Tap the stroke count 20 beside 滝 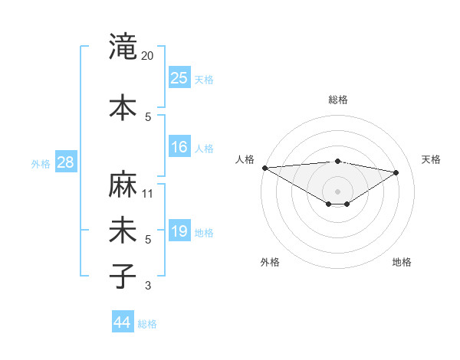147,56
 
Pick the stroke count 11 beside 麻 148,194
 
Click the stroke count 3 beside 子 148,286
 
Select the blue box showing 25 179,77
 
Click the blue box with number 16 179,147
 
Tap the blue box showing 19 179,231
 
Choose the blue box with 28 65,162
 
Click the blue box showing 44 123,322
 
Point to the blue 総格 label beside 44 147,324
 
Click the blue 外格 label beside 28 40,163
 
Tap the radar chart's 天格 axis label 431,159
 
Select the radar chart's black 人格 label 245,159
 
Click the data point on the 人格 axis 264,168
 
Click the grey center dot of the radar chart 337,190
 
